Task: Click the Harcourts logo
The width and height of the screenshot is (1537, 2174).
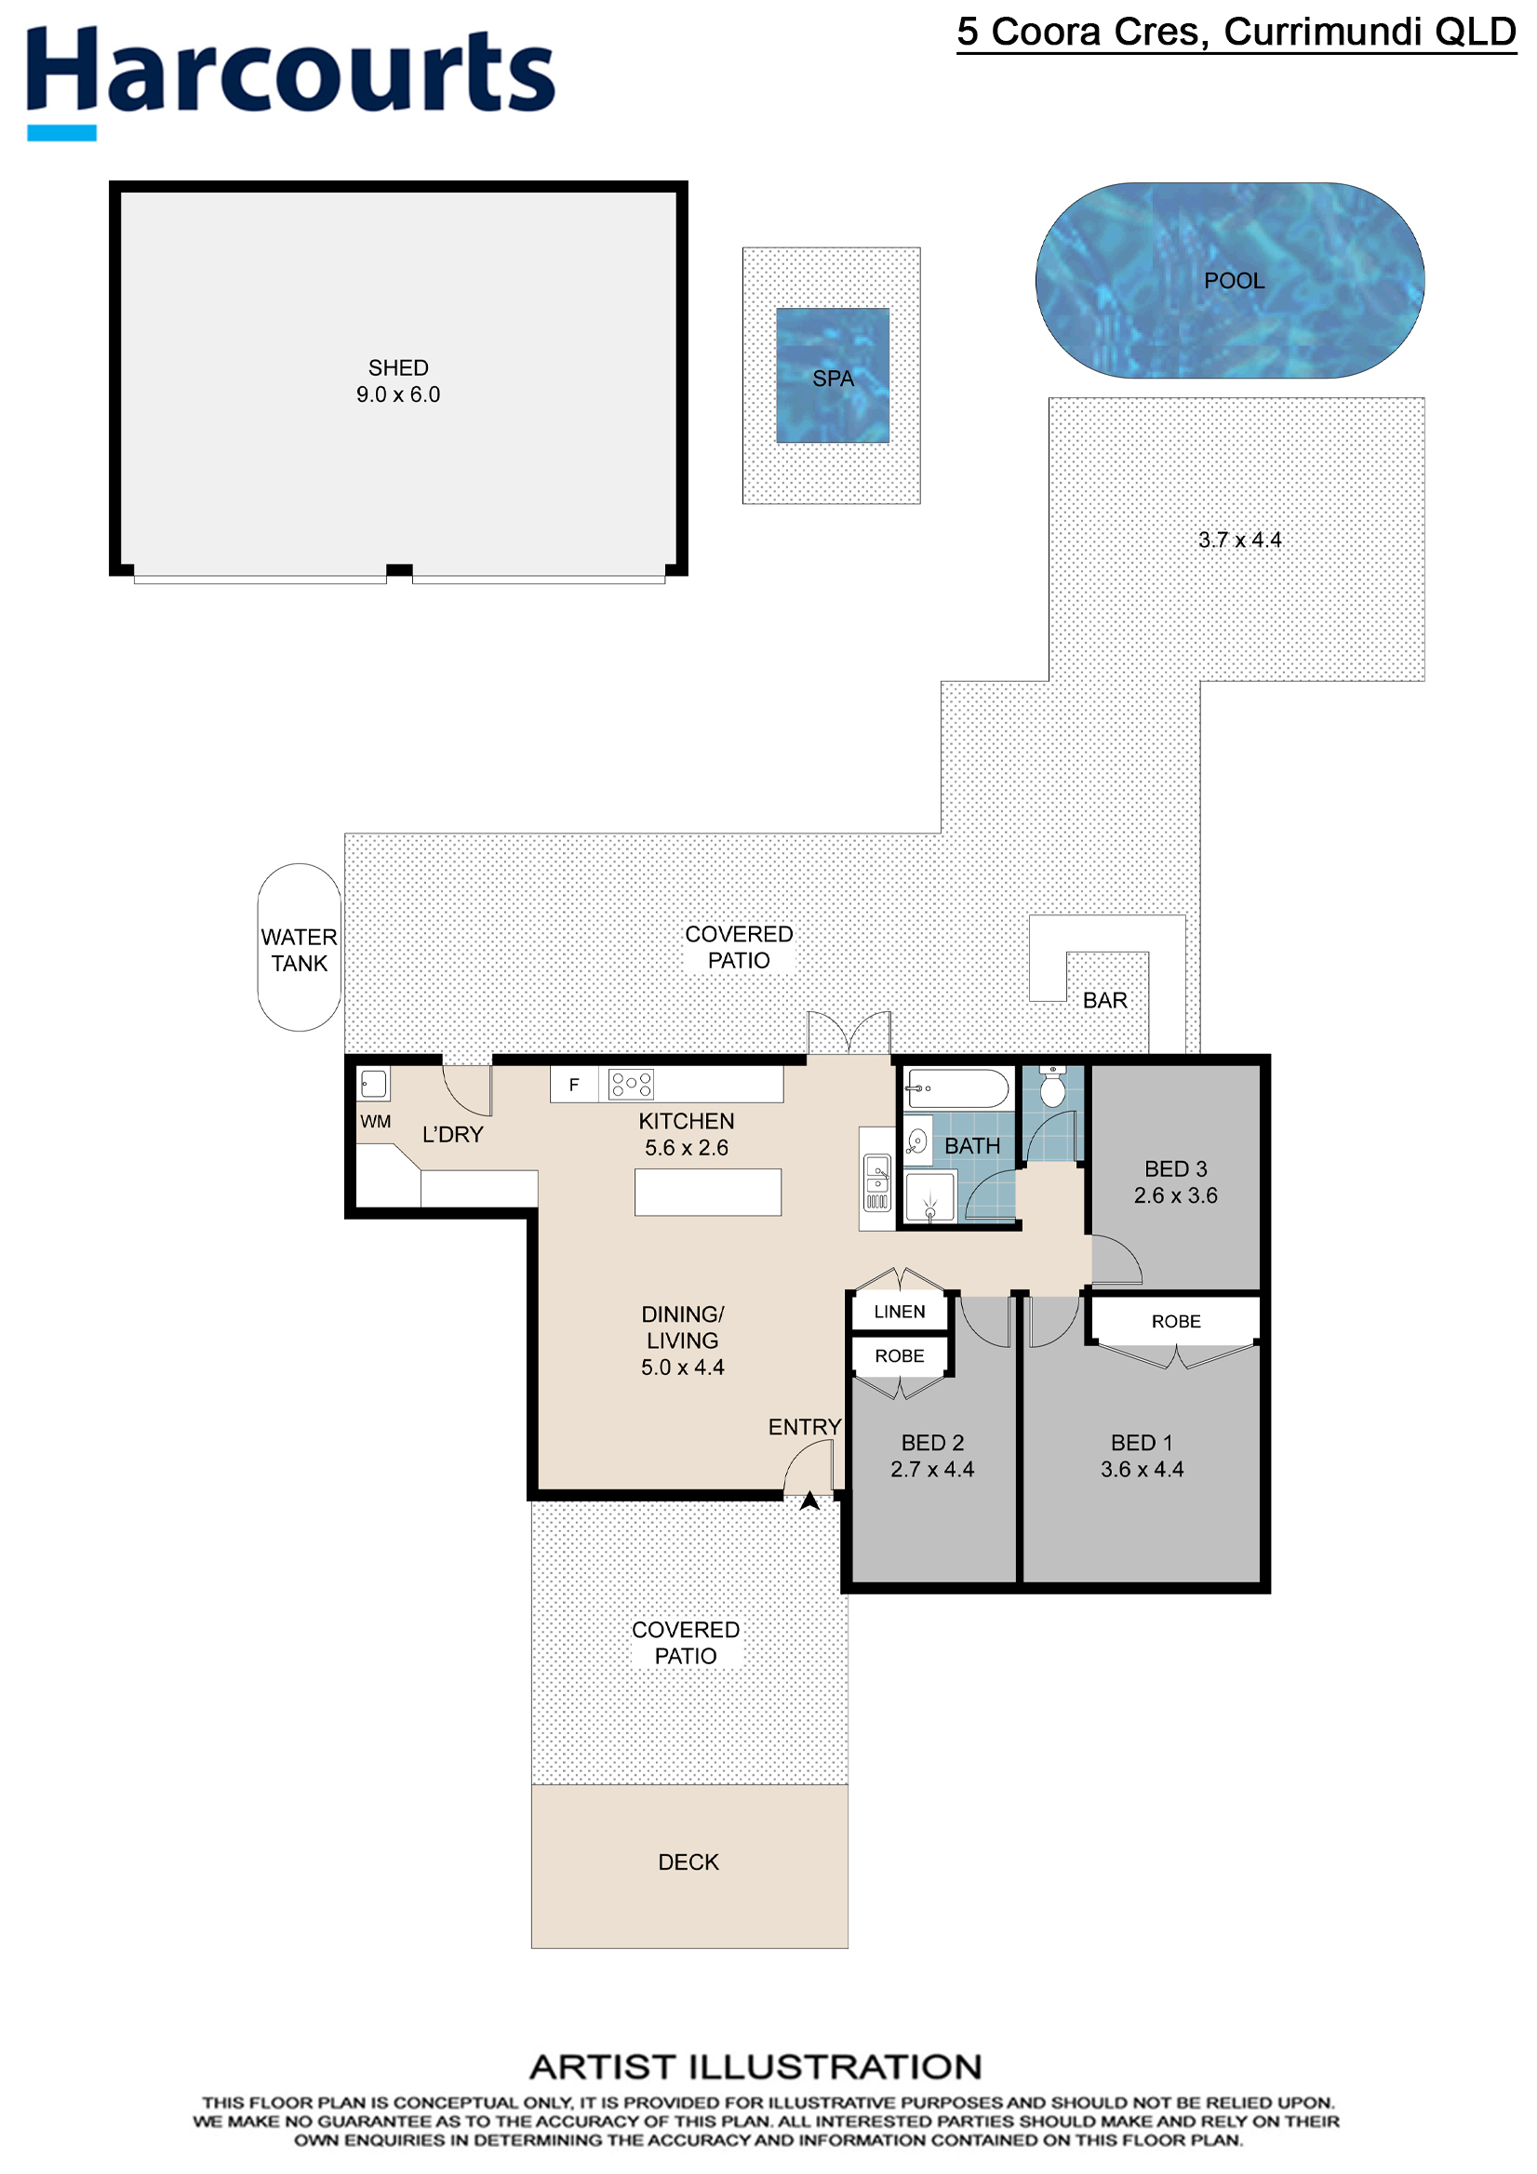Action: pos(290,82)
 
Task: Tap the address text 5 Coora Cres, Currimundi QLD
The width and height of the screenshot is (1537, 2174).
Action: pos(1236,33)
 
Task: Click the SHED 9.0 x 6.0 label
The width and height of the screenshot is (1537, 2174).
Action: pos(399,380)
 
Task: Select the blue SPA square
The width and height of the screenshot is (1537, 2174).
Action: pos(833,375)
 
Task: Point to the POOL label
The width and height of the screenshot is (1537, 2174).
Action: pos(1234,280)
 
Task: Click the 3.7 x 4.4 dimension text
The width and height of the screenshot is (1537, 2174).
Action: pos(1239,540)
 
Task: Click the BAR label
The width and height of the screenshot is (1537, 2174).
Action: pos(1105,1000)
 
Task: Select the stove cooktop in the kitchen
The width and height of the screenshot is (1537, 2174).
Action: pos(632,1084)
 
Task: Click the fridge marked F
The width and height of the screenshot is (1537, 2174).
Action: pos(574,1084)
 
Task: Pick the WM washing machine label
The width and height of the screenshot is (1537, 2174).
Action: pos(375,1122)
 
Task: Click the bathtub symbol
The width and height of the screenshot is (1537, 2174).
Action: pos(957,1089)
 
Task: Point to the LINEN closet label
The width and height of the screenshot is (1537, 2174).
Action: pos(900,1312)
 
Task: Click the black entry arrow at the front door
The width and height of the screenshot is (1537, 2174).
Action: pos(809,1500)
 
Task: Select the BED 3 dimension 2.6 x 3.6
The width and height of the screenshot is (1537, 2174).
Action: pos(1176,1195)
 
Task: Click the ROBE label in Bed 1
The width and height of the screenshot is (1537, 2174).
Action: pos(1176,1322)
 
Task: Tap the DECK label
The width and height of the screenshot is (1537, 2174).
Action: pos(688,1862)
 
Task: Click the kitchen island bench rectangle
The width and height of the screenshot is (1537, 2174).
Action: pos(708,1192)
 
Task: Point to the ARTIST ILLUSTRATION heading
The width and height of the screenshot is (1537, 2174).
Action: pos(755,2066)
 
